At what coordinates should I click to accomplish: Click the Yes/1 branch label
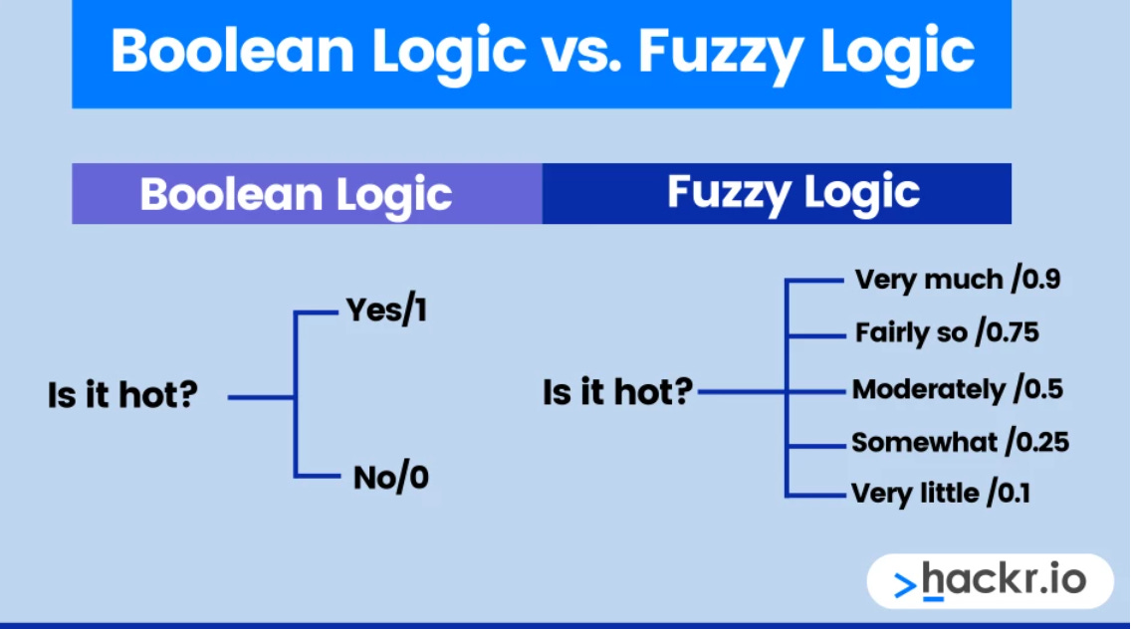pyautogui.click(x=386, y=312)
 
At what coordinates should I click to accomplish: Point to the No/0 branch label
pyautogui.click(x=391, y=478)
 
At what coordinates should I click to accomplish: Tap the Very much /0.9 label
pyautogui.click(x=957, y=279)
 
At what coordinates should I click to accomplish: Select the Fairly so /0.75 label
pyautogui.click(x=947, y=332)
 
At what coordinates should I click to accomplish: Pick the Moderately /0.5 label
pyautogui.click(x=957, y=388)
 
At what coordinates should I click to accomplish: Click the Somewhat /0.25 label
pyautogui.click(x=960, y=441)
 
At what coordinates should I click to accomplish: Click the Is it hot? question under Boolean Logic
pyautogui.click(x=122, y=395)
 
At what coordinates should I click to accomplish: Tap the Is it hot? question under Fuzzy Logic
pyautogui.click(x=617, y=390)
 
